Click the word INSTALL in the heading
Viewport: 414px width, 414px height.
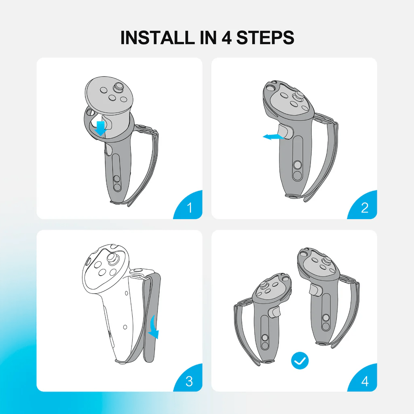(157, 38)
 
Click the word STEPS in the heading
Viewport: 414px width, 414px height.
(265, 38)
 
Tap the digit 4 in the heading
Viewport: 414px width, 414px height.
(226, 38)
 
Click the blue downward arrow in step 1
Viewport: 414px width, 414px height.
(101, 129)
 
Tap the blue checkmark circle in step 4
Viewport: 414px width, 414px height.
(300, 361)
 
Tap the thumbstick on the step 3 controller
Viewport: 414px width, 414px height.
(112, 257)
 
